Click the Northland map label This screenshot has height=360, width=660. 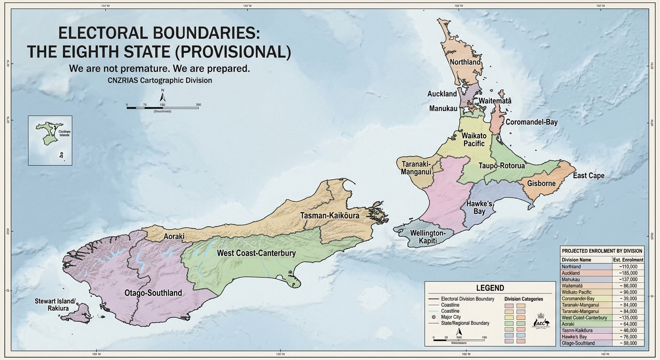pyautogui.click(x=465, y=62)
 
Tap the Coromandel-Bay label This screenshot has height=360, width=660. pyautogui.click(x=532, y=122)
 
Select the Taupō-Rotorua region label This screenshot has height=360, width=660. pyautogui.click(x=502, y=166)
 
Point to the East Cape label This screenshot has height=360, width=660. pyautogui.click(x=589, y=176)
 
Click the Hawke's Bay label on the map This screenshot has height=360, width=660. pyautogui.click(x=479, y=208)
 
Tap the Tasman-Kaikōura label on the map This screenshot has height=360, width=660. pyautogui.click(x=330, y=216)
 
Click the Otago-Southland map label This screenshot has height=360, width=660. pyautogui.click(x=153, y=293)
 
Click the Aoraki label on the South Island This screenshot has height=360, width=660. pyautogui.click(x=174, y=236)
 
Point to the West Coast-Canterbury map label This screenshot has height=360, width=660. pyautogui.click(x=256, y=253)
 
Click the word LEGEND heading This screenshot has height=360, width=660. pyautogui.click(x=490, y=288)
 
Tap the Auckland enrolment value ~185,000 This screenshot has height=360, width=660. pyautogui.click(x=628, y=273)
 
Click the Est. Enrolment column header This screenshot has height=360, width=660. pyautogui.click(x=628, y=260)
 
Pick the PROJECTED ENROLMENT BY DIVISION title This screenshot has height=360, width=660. pyautogui.click(x=602, y=251)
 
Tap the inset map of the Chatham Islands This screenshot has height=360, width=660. pyautogui.click(x=50, y=140)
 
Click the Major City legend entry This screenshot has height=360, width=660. pyautogui.click(x=451, y=317)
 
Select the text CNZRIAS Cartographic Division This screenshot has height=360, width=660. pyautogui.click(x=160, y=80)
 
